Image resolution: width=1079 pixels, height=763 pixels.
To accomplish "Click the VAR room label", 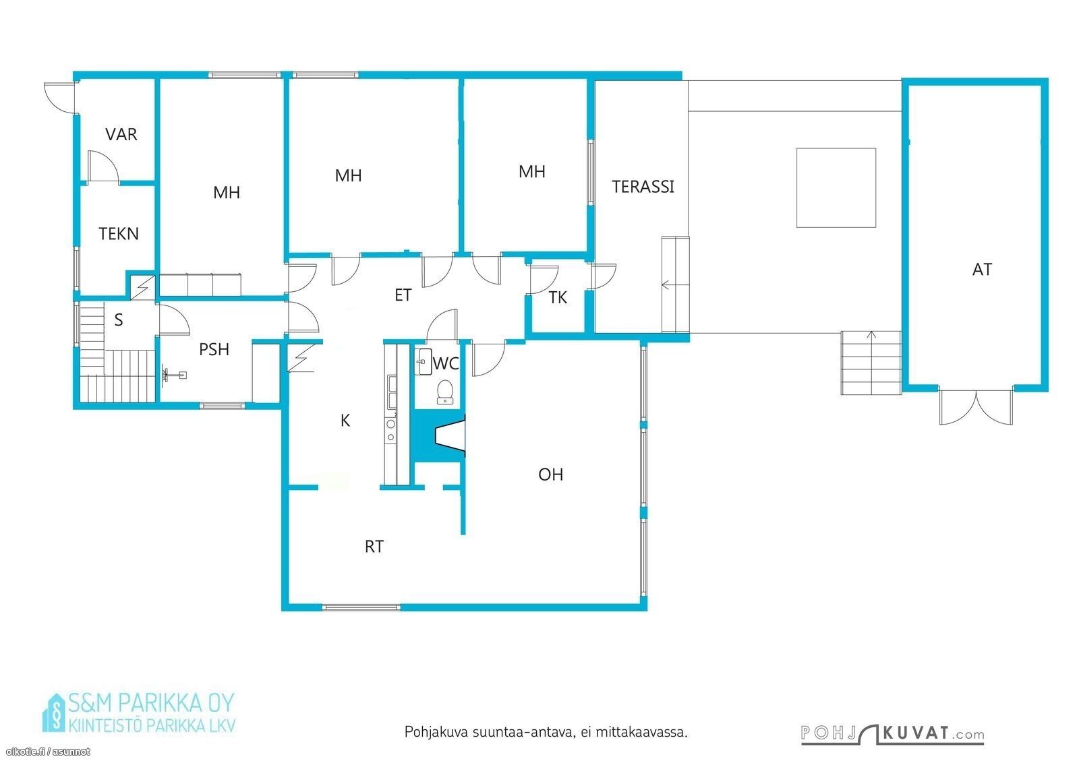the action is [x=121, y=134].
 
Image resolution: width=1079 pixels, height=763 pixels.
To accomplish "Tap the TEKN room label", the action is [x=119, y=234].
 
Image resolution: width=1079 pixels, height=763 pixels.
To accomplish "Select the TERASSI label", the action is [x=643, y=187].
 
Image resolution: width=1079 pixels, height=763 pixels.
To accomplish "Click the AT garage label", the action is [x=982, y=270].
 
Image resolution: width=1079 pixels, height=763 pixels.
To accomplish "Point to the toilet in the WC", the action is [x=444, y=392].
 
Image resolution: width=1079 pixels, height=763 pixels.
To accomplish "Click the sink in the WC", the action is [x=423, y=361].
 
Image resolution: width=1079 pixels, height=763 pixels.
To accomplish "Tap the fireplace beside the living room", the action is [x=450, y=435].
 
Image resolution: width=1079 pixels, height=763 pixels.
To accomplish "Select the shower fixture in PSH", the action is [x=174, y=374].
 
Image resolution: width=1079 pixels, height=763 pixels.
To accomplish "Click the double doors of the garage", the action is [x=976, y=406].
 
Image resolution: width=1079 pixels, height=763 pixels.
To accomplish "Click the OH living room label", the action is [x=550, y=475].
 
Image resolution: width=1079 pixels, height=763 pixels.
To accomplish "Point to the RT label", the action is [x=374, y=547].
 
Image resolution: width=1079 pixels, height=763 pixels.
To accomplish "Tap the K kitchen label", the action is [x=345, y=421].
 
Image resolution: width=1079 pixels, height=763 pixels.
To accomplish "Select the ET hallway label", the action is [x=403, y=295].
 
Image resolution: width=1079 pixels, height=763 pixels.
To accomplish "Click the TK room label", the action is [x=558, y=298].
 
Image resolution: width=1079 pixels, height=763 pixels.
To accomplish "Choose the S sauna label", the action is [x=119, y=319].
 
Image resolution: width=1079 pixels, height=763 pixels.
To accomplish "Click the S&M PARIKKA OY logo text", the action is [x=151, y=703].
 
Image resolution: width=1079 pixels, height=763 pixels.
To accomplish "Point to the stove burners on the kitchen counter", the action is [x=390, y=430].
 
